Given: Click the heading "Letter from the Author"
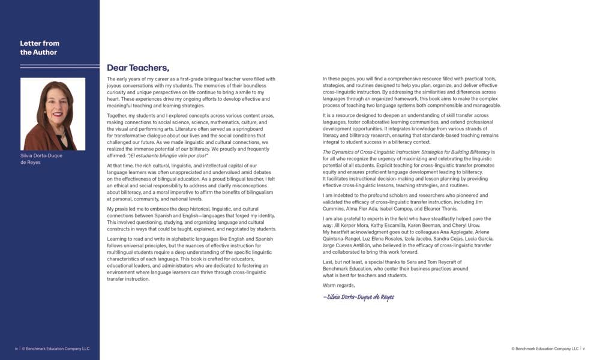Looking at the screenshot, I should tap(40, 47).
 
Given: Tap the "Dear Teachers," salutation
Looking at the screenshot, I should tap(138, 68).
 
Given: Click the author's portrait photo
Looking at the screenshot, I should tap(53, 114).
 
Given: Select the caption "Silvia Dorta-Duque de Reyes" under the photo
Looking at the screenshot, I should tap(41, 158).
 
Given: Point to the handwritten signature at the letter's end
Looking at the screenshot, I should tap(358, 297).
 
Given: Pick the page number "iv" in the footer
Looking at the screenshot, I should tap(16, 349).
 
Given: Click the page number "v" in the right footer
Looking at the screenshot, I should tap(584, 349).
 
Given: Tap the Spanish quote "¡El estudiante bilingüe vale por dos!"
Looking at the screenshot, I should tap(165, 155).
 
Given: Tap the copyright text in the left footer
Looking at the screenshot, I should tap(56, 349).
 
